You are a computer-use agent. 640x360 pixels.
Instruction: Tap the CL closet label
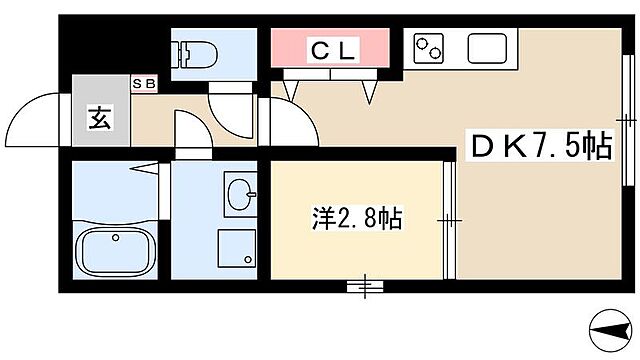330,48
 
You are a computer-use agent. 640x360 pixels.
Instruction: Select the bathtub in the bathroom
115,250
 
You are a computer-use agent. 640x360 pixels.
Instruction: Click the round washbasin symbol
238,190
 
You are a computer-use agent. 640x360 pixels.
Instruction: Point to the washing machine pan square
236,247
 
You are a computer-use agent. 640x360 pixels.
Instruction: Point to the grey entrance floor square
97,118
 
